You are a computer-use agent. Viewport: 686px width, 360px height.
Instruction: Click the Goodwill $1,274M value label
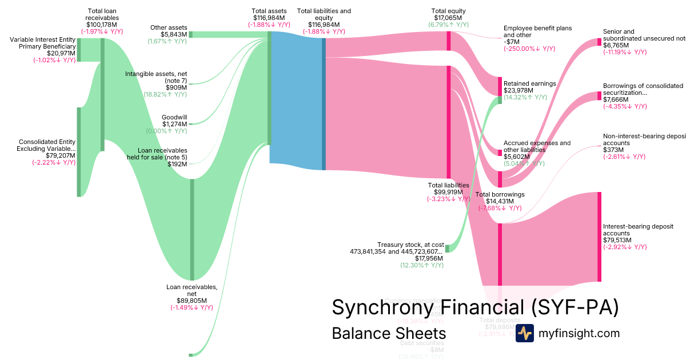point(174,124)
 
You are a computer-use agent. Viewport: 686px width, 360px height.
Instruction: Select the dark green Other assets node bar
point(190,34)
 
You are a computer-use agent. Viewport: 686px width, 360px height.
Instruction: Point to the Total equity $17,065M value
point(449,18)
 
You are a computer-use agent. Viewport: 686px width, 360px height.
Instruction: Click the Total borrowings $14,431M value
point(500,201)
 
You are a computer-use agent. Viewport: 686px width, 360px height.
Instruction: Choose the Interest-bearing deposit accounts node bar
point(599,237)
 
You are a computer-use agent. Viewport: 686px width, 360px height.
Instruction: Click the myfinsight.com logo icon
point(524,333)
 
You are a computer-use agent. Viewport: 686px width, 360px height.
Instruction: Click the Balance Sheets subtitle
point(389,333)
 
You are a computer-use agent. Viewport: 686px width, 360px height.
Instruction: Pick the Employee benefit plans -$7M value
point(512,42)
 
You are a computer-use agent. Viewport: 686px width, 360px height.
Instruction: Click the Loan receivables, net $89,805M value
point(192,301)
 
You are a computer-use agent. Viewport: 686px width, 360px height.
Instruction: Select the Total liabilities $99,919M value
point(448,192)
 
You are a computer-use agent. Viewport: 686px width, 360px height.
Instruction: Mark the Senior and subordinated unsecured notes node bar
point(599,42)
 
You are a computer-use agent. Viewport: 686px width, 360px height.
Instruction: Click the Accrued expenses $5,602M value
point(518,157)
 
